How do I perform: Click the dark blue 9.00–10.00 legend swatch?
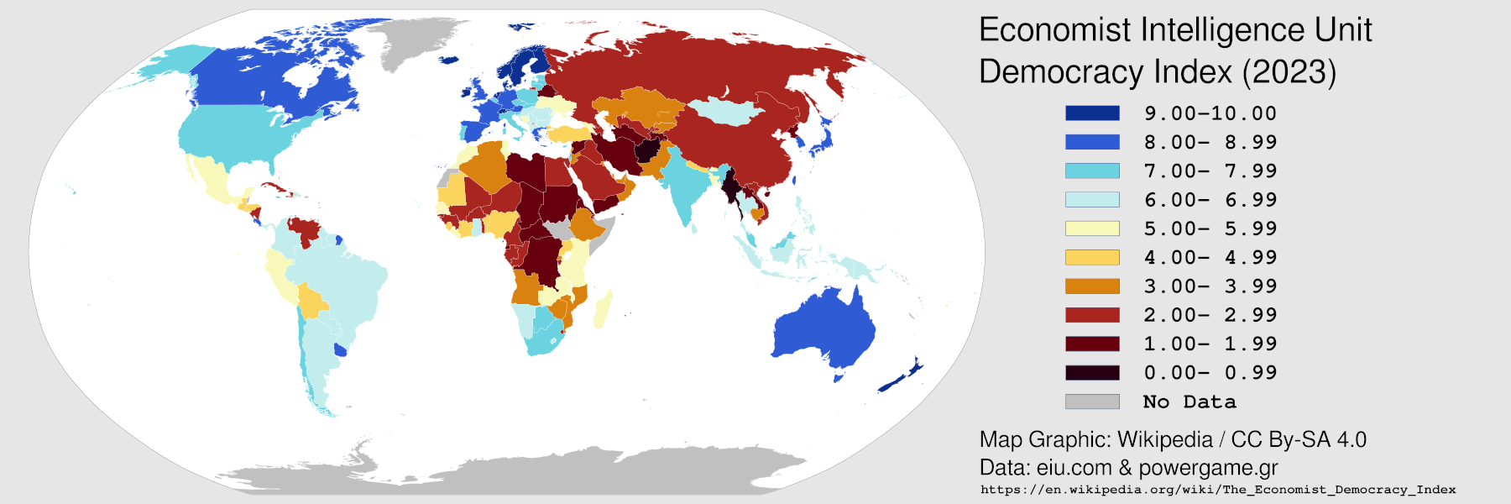(1092, 113)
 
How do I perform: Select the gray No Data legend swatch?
(1092, 402)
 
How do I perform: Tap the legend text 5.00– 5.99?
(1210, 228)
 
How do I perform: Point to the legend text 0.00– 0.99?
(1210, 372)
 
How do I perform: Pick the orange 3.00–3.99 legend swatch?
(1092, 286)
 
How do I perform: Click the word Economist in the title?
(1055, 30)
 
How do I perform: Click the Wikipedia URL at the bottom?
(1218, 490)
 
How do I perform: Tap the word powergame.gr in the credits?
(1208, 468)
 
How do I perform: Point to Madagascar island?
(602, 309)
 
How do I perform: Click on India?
(684, 185)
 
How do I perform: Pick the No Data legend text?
(1189, 402)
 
